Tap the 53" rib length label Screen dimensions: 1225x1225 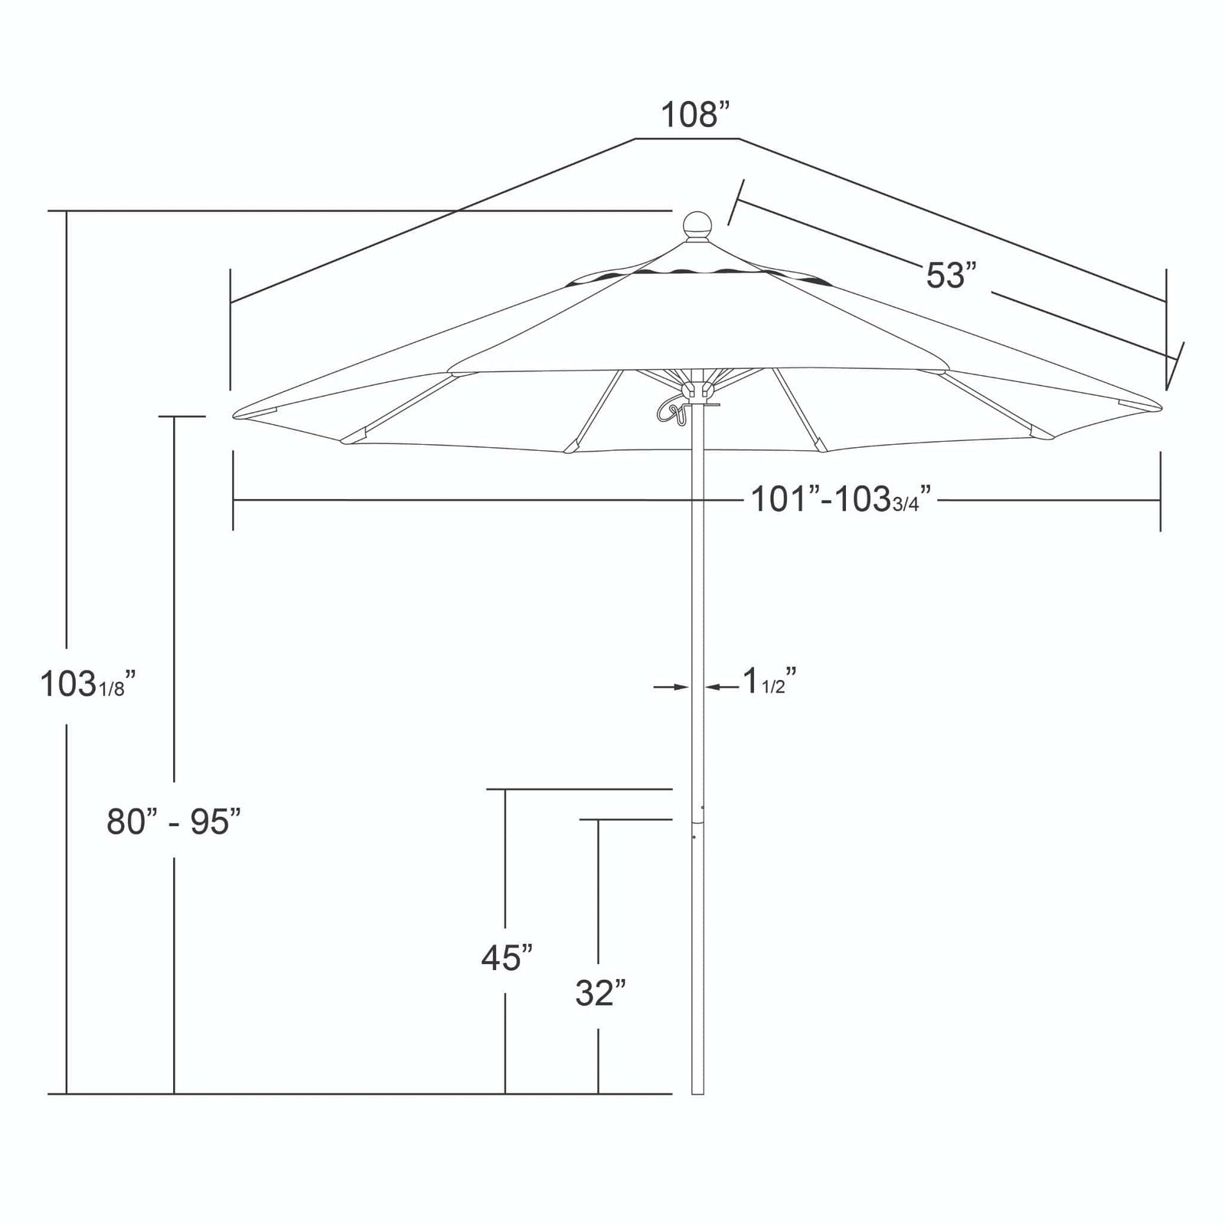[x=952, y=276]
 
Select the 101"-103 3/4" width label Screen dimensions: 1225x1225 [x=841, y=501]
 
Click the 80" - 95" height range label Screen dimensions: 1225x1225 [x=174, y=822]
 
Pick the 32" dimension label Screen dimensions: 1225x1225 [x=601, y=994]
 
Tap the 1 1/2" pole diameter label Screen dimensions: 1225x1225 [x=769, y=680]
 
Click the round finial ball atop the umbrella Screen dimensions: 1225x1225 [x=697, y=225]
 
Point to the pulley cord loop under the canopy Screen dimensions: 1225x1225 [x=671, y=408]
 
